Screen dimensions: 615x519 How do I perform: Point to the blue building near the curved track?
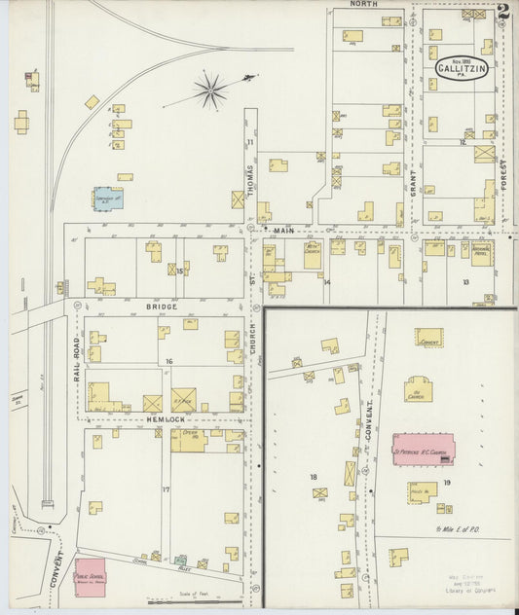pyautogui.click(x=107, y=199)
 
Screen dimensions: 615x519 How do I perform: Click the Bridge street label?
pyautogui.click(x=163, y=307)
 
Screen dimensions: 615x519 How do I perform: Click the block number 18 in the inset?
pyautogui.click(x=313, y=476)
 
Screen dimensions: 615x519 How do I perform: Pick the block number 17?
pyautogui.click(x=166, y=489)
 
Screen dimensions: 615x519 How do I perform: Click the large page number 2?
pyautogui.click(x=502, y=14)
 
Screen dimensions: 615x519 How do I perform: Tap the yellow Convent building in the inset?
pyautogui.click(x=427, y=338)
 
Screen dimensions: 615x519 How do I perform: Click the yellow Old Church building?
pyautogui.click(x=419, y=390)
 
